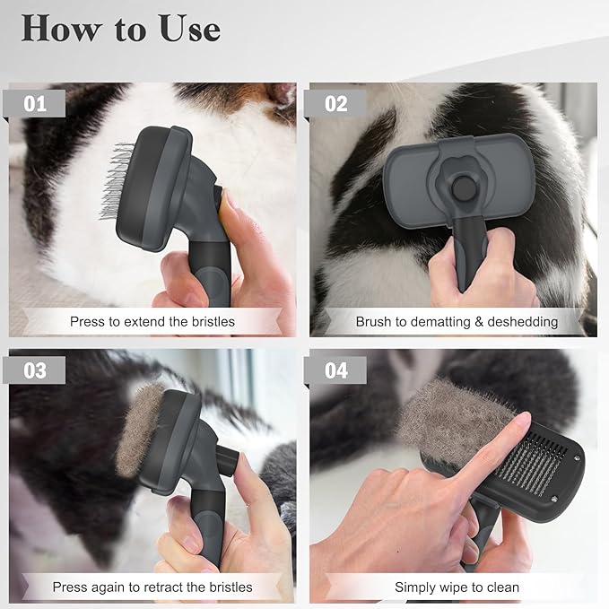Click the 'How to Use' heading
click(x=121, y=29)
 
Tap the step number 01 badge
click(x=35, y=103)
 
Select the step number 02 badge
click(x=335, y=103)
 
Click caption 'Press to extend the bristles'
click(x=152, y=321)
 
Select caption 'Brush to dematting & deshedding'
click(x=457, y=321)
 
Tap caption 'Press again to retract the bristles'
click(x=152, y=587)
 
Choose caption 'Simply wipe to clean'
click(x=457, y=587)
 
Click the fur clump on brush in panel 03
click(x=138, y=431)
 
